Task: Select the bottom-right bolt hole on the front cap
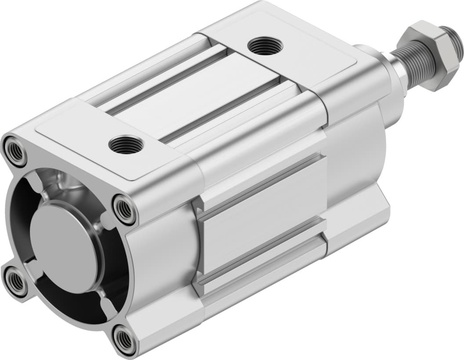click(124, 339)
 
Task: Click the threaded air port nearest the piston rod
click(264, 46)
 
